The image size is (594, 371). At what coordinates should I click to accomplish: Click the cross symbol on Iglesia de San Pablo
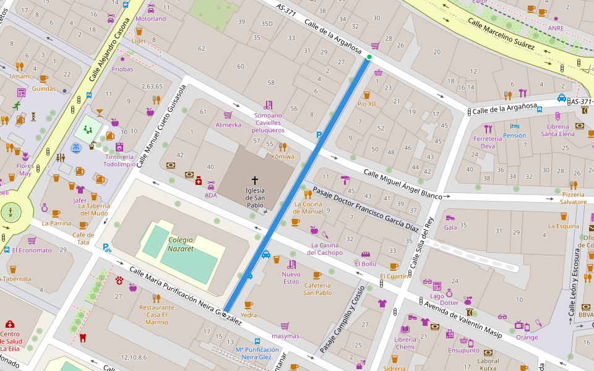pyautogui.click(x=255, y=179)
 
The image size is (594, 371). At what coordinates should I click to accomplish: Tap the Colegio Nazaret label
pyautogui.click(x=181, y=244)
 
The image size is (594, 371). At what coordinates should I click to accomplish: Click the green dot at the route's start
pyautogui.click(x=369, y=58)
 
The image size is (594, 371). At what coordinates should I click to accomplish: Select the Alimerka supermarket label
pyautogui.click(x=228, y=124)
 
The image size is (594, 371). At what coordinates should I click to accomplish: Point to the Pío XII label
pyautogui.click(x=366, y=104)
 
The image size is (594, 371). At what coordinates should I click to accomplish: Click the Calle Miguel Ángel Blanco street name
pyautogui.click(x=402, y=184)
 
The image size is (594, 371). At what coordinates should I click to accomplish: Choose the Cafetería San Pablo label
pyautogui.click(x=317, y=289)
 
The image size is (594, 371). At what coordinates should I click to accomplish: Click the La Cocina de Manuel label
pyautogui.click(x=309, y=207)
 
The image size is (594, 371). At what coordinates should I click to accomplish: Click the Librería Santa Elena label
pyautogui.click(x=557, y=130)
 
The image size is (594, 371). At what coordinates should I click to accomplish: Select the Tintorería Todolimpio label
pyautogui.click(x=119, y=160)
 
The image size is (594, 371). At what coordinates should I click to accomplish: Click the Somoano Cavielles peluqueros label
pyautogui.click(x=268, y=122)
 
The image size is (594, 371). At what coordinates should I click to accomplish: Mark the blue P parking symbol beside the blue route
pyautogui.click(x=319, y=135)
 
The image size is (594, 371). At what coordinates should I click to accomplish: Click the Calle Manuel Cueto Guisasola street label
pyautogui.click(x=161, y=127)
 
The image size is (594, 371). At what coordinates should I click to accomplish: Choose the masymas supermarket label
pyautogui.click(x=285, y=336)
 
